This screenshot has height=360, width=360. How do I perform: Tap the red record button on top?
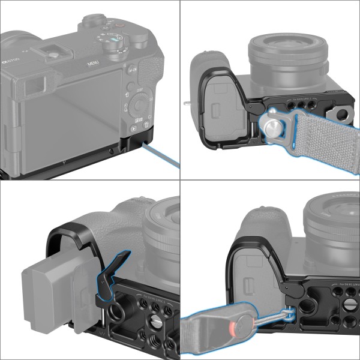click(x=119, y=26)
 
